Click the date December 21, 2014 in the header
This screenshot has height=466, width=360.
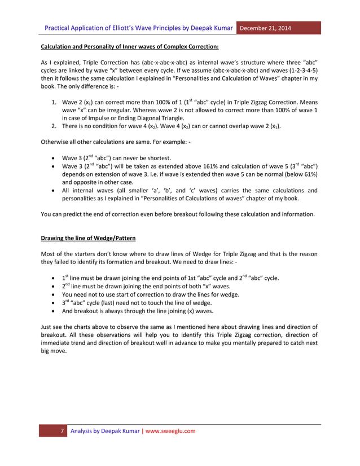coord(267,28)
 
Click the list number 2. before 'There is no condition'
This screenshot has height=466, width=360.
coord(55,128)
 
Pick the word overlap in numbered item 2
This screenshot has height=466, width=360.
coord(236,128)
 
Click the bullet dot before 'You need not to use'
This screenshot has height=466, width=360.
coord(52,294)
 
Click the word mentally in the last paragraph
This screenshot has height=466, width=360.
coord(245,343)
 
